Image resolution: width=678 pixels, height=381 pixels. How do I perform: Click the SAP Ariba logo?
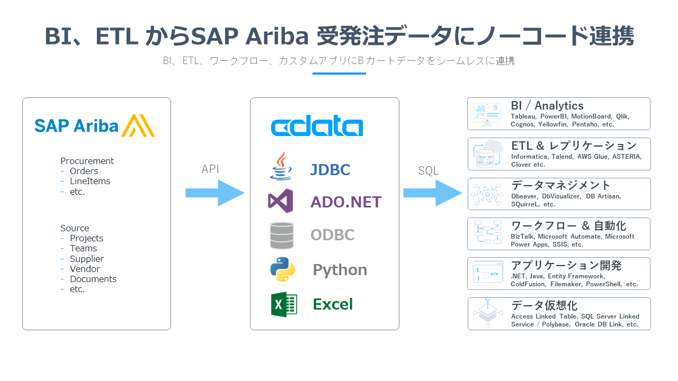coord(94,126)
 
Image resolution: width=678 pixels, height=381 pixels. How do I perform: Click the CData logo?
coord(317,128)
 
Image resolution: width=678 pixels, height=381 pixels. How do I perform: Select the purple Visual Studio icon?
coord(281,201)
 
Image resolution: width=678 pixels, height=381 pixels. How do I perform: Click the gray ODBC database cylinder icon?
coord(281,235)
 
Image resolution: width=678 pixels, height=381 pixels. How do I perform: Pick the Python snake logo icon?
coord(282,270)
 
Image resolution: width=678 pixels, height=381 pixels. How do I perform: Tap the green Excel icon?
coord(284,304)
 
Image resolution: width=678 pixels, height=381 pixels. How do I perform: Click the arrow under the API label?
coord(215,193)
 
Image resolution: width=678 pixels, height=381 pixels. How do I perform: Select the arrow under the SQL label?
coord(432,193)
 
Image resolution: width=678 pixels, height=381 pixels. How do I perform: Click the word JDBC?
coord(330,170)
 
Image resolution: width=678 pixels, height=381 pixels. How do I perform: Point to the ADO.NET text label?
coord(346,202)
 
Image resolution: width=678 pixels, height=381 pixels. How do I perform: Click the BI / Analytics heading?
coord(547,106)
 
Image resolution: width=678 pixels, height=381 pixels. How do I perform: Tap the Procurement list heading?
coord(87,161)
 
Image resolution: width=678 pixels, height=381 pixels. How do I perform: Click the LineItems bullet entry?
coord(90,181)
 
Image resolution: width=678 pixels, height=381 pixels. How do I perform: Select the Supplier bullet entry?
coord(87,259)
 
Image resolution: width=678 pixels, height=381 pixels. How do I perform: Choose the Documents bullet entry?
coord(93,279)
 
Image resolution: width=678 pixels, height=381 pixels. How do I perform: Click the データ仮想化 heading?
coord(544,305)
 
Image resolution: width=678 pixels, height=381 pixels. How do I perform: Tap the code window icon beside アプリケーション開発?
coord(487,274)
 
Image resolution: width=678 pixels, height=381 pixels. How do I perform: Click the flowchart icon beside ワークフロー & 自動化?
coord(487,233)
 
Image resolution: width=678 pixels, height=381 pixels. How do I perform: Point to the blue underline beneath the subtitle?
coord(339,73)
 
